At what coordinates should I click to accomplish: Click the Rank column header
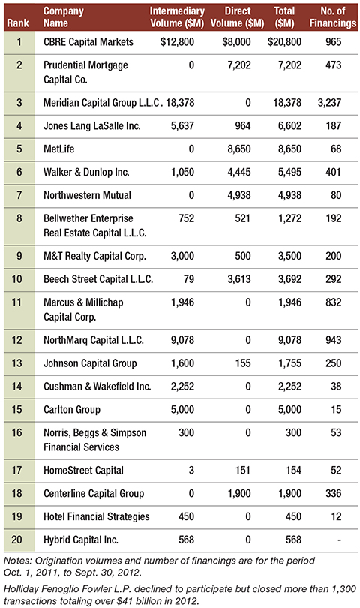tap(18, 23)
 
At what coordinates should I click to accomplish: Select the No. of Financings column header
tap(333, 17)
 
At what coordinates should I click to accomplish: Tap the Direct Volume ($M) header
tap(238, 17)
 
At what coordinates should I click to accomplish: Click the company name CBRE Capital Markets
tap(88, 42)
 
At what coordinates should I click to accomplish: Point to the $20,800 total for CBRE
tap(284, 42)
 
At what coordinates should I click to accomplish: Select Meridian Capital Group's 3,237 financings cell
tap(330, 103)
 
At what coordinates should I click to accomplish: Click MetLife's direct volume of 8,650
tap(239, 149)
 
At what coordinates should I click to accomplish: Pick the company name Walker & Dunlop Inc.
tap(86, 172)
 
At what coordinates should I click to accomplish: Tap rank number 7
tap(19, 195)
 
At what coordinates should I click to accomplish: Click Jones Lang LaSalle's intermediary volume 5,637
tap(182, 125)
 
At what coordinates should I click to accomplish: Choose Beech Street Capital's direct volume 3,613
tap(239, 279)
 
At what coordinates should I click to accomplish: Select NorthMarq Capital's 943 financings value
tap(334, 340)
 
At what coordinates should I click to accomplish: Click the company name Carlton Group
tap(72, 410)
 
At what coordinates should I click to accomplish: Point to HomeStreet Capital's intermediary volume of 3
tap(191, 471)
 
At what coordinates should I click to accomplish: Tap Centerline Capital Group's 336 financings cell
tap(334, 493)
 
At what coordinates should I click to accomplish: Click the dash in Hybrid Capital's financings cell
tap(340, 540)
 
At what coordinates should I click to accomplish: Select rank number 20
tap(16, 540)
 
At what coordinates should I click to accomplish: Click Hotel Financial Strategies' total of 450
tap(293, 516)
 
